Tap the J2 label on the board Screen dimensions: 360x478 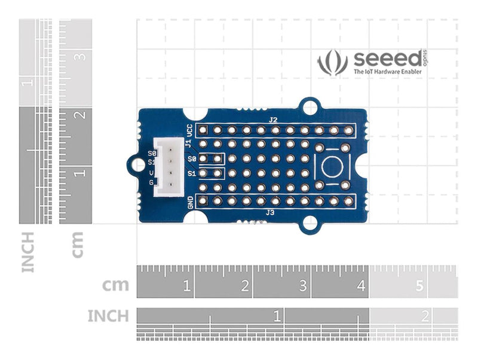tap(273, 120)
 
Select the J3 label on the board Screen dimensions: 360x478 tap(270, 212)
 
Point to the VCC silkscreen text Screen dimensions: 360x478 tap(189, 130)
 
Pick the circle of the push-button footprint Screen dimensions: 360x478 tap(332, 167)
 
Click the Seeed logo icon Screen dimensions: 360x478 tap(332, 63)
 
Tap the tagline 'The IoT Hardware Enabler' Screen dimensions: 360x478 tap(387, 72)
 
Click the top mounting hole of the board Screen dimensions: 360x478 tap(310, 106)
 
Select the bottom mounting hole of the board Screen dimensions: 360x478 tap(309, 224)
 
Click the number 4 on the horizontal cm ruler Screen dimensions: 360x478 tap(360, 286)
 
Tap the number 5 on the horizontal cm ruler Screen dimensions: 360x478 tap(419, 286)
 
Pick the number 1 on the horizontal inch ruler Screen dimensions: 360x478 tap(277, 315)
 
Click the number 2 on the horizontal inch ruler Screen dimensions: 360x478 tap(425, 315)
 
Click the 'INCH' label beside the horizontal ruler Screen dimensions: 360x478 tap(108, 315)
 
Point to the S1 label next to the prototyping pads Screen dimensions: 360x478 tap(192, 173)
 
